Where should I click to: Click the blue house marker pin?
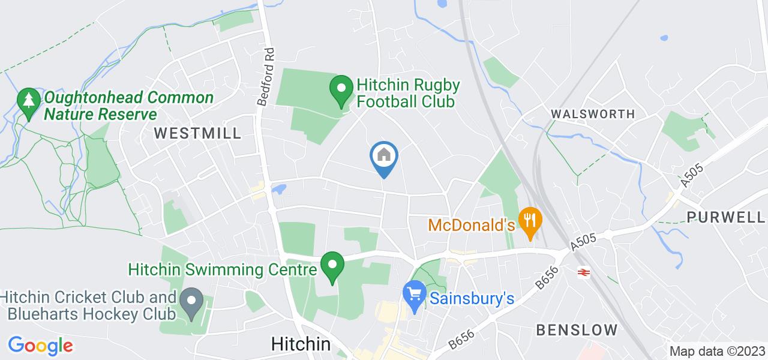(384, 157)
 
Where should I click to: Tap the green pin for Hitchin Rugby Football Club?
(341, 90)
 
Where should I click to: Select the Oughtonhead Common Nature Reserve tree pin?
(28, 101)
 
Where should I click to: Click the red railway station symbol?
(581, 272)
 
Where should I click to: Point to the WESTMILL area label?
(197, 133)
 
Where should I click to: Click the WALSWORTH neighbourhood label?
(593, 114)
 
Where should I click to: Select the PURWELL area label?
(726, 217)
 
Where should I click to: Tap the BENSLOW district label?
(577, 329)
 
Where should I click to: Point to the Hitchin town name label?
(301, 344)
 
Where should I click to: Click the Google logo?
(40, 346)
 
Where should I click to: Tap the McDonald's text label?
(472, 225)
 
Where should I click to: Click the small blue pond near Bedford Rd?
(278, 190)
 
